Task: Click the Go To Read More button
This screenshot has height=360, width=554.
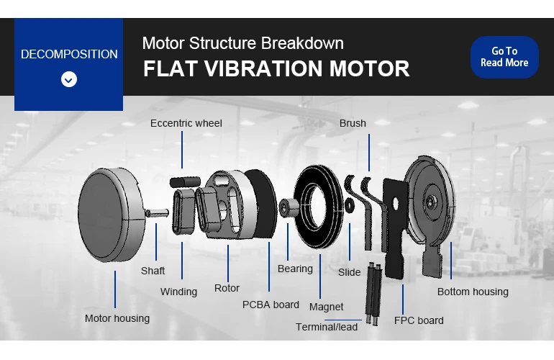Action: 504,57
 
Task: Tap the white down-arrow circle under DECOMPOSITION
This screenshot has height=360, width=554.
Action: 69,79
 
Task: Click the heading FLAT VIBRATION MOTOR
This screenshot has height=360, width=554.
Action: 276,69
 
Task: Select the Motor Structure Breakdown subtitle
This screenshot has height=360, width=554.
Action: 242,42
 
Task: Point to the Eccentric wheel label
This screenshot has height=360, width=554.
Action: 186,123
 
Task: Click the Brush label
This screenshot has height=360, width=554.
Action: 353,123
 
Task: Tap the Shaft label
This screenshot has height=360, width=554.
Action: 153,271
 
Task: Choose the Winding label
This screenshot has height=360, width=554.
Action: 178,292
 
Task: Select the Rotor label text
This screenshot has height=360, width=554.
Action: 227,288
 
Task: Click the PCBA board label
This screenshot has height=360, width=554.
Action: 271,305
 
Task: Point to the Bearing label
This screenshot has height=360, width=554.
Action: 295,269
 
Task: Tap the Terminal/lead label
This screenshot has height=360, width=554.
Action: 327,327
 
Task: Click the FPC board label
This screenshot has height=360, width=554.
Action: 419,320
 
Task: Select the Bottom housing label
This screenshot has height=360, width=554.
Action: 473,292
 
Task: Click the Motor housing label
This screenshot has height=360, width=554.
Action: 117,318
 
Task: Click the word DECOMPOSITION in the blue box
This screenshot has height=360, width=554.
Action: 69,54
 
